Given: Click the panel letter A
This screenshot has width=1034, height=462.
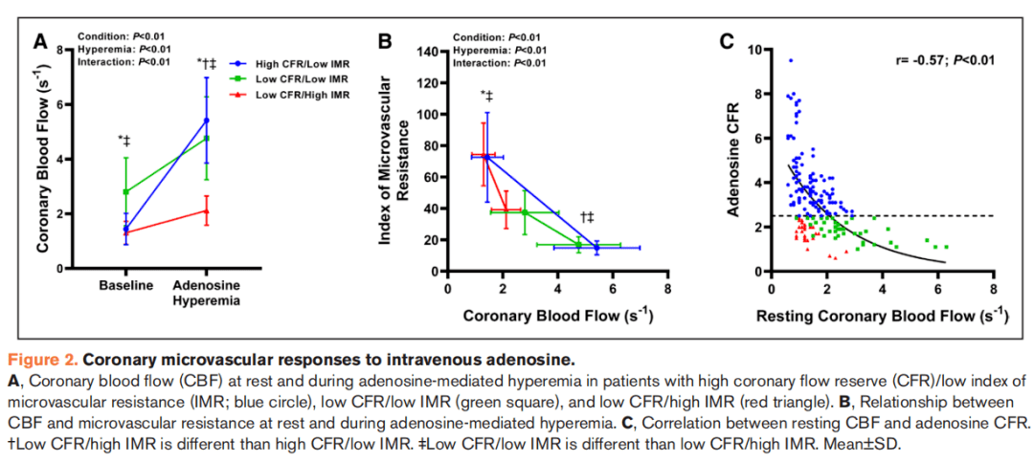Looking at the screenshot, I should (x=41, y=41).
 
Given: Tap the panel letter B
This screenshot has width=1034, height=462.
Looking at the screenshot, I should (x=385, y=41).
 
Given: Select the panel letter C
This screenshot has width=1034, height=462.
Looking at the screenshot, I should (x=727, y=41).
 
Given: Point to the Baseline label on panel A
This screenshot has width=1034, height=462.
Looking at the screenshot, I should (x=126, y=286).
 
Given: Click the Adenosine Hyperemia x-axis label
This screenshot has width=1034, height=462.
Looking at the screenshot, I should (x=206, y=293).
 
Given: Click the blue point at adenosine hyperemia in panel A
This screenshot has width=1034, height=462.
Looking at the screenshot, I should (x=206, y=121).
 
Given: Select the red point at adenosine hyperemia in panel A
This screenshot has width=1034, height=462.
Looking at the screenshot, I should (x=206, y=211).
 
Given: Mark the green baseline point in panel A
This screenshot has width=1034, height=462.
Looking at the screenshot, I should (x=125, y=192).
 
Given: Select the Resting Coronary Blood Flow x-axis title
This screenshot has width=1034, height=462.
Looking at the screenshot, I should (x=882, y=316).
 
